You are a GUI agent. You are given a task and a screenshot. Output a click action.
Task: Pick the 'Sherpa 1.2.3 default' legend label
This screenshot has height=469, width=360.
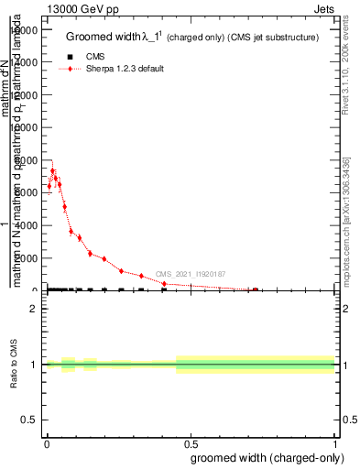pos(125,69)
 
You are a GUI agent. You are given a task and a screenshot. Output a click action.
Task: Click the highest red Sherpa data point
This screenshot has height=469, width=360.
pos(52,171)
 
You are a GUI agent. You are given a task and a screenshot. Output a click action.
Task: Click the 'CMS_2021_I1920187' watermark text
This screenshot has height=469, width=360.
pos(190,274)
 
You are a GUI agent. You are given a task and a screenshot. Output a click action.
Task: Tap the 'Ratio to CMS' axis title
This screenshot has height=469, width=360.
pos(15,365)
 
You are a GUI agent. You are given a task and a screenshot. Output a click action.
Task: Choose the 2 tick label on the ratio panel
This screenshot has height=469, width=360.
pos(34,308)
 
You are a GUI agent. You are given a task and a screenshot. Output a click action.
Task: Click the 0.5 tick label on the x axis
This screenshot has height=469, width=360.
pos(191,442)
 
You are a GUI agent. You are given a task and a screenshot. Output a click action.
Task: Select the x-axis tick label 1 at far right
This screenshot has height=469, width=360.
pos(336,442)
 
